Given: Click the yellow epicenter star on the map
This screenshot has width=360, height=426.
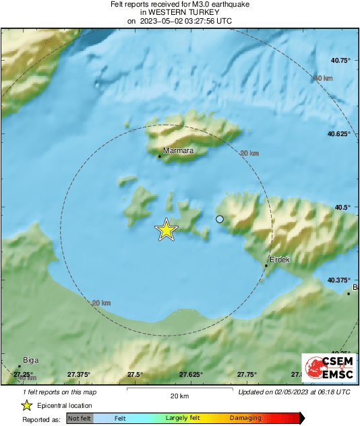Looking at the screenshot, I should tap(166, 231).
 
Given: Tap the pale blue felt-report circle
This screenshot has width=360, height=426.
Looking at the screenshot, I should tap(219, 219).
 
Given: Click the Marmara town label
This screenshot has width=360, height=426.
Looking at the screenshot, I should tap(178, 151).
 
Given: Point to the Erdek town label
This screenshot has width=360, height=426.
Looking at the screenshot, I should tap(279, 260).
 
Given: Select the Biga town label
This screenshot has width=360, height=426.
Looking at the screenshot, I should tap(30, 360).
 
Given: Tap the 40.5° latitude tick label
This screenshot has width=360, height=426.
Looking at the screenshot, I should tap(344, 208).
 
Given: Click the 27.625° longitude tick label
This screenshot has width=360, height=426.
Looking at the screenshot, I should tap(191, 374).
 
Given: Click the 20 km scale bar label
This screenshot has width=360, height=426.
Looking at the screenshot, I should tap(179, 396).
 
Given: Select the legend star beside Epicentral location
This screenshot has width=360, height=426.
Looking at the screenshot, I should tap(26, 405).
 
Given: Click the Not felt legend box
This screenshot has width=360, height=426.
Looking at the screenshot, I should tap(80, 419).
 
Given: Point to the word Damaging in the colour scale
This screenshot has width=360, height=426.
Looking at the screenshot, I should tap(245, 419).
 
